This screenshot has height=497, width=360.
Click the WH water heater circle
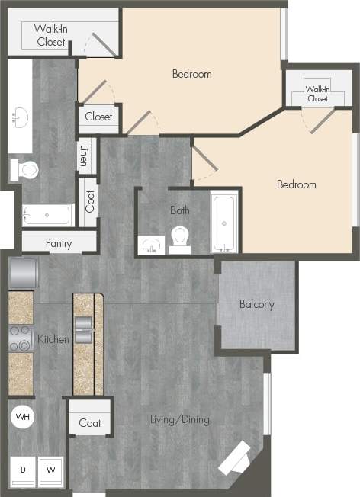pyautogui.click(x=22, y=417)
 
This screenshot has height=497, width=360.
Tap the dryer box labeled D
pyautogui.click(x=23, y=470)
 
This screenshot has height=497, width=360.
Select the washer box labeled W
pyautogui.click(x=51, y=470)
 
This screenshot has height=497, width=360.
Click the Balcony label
pyautogui.click(x=256, y=304)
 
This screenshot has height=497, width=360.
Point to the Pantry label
pyautogui.click(x=59, y=244)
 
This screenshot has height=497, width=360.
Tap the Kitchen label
pyautogui.click(x=53, y=338)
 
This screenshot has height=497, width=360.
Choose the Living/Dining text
pyautogui.click(x=180, y=419)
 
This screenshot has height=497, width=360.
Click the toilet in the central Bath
pyautogui.click(x=180, y=238)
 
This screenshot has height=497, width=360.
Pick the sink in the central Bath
pyautogui.click(x=150, y=245)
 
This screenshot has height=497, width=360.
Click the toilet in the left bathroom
pyautogui.click(x=27, y=169)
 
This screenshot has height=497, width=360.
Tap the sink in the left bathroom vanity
pyautogui.click(x=20, y=117)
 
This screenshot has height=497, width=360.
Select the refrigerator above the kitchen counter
pyautogui.click(x=23, y=271)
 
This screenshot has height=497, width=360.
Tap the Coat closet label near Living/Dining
pyautogui.click(x=90, y=423)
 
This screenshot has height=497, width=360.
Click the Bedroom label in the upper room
pyautogui.click(x=191, y=74)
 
